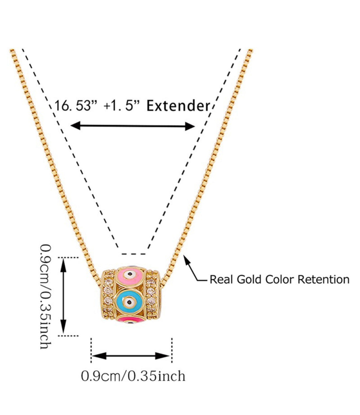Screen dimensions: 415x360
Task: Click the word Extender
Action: point(178,106)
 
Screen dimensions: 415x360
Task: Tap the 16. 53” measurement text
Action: point(73,106)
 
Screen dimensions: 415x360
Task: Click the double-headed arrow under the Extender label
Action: point(132,126)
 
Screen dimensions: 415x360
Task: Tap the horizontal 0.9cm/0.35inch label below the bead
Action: point(133,376)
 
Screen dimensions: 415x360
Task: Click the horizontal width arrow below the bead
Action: point(131,356)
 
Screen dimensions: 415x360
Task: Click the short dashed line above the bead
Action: point(133,254)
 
